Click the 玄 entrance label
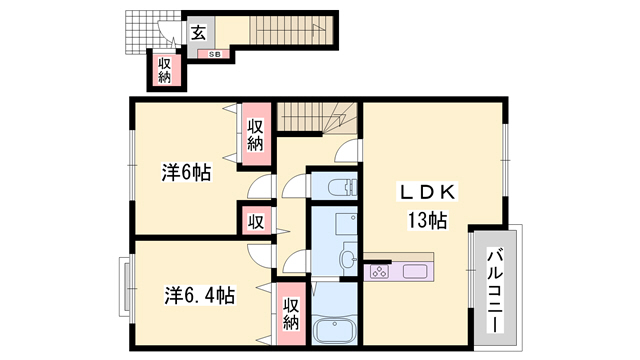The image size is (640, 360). click(x=198, y=33)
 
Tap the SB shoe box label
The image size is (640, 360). click(x=214, y=54)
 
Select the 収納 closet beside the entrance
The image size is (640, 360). click(x=164, y=70)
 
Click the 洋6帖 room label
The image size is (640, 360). click(x=186, y=172)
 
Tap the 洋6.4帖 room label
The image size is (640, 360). click(x=200, y=296)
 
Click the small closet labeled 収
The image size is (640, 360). click(x=255, y=220)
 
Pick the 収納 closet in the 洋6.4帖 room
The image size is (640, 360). click(x=291, y=314)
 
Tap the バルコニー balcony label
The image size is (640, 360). click(x=495, y=284)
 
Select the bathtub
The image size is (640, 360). click(x=336, y=329)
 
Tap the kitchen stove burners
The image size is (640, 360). click(x=380, y=270)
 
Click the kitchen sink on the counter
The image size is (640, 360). click(x=415, y=270)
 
